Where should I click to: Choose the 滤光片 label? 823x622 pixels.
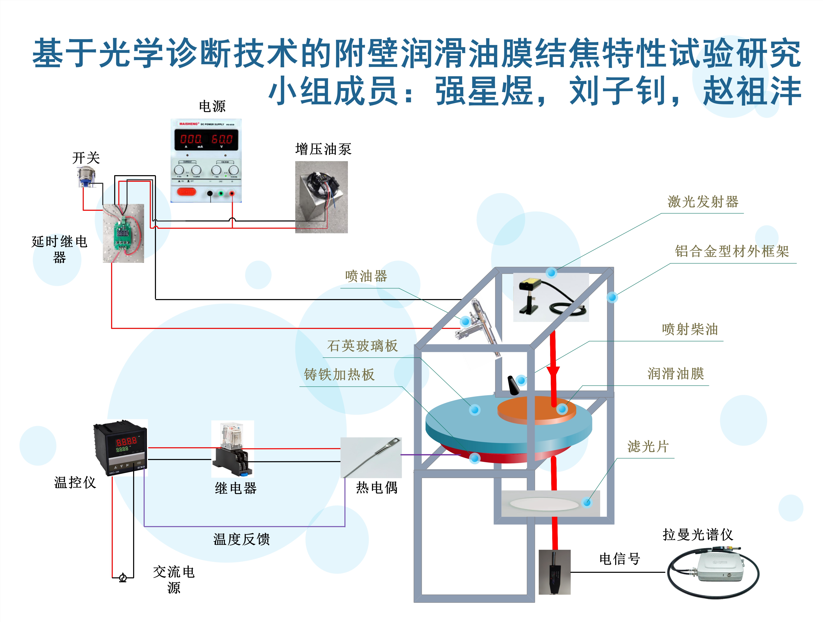click(648, 446)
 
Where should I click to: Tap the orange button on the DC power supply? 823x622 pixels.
click(186, 192)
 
